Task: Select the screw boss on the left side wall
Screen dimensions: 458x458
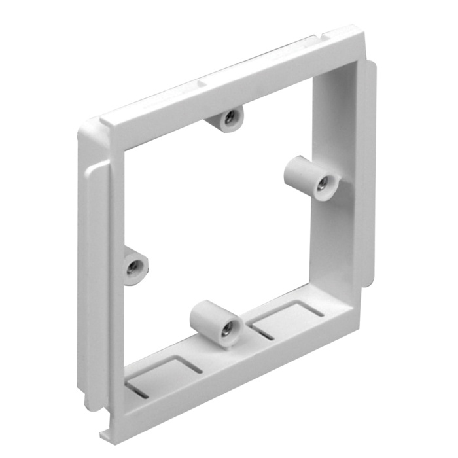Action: click(x=135, y=265)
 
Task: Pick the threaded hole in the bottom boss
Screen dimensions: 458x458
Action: click(x=226, y=331)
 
